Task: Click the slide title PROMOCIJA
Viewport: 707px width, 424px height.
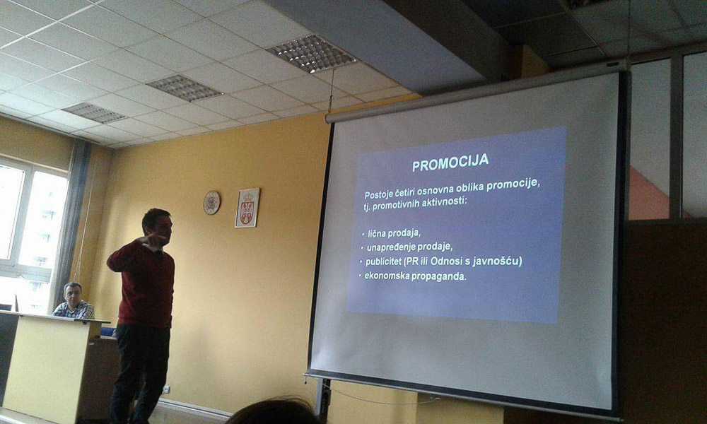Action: [450, 163]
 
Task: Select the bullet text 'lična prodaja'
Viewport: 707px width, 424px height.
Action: [394, 233]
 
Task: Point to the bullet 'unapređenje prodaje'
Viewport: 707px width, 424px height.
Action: [409, 247]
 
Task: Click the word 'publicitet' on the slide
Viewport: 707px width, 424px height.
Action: [383, 261]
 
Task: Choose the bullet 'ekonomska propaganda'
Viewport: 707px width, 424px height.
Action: [415, 276]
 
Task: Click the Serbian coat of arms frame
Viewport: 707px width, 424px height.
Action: [247, 208]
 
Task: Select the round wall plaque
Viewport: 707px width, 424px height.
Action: [211, 202]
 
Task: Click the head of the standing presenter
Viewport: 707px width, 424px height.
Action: [158, 225]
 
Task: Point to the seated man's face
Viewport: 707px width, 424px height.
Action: [74, 294]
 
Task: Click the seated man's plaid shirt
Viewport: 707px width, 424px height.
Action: [75, 310]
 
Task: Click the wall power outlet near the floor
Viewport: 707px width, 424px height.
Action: [166, 389]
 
